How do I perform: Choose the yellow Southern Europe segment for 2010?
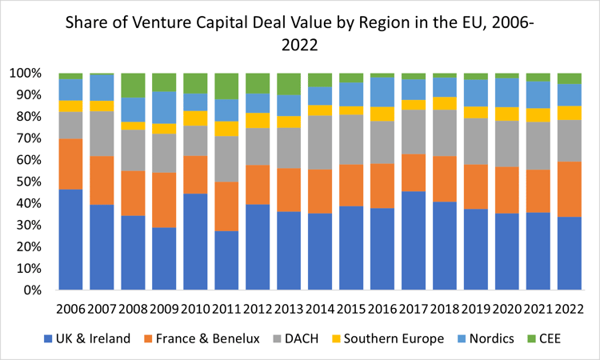point(196,118)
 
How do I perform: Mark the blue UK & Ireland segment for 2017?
point(414,240)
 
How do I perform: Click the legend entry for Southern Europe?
point(395,338)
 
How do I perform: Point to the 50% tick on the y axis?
point(35,182)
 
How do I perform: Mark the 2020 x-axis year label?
point(507,308)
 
